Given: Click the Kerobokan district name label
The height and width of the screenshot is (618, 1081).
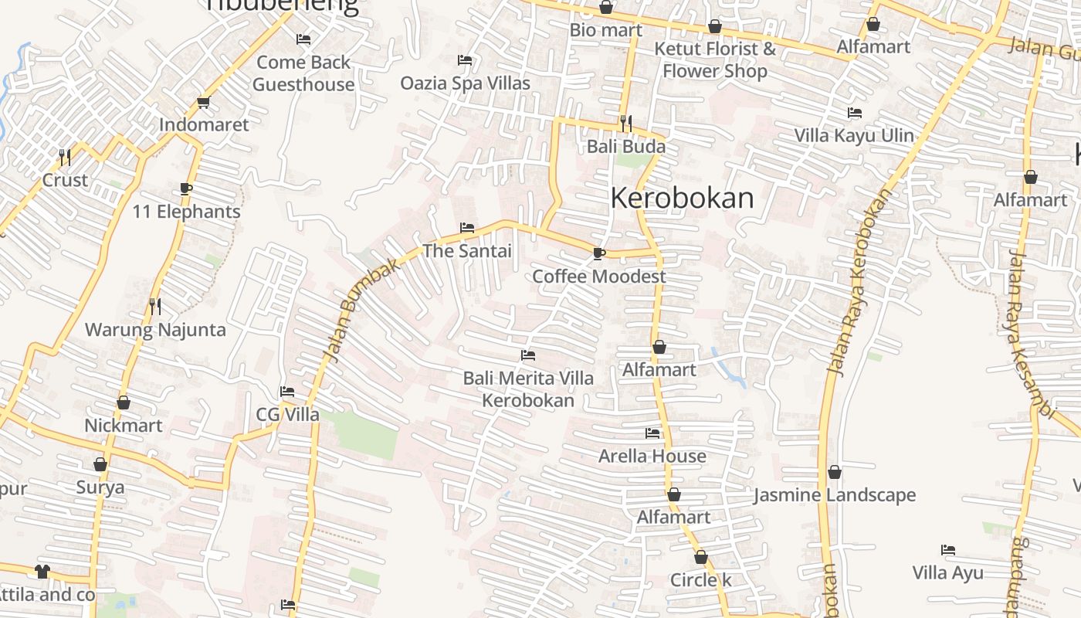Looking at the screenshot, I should point(682,198).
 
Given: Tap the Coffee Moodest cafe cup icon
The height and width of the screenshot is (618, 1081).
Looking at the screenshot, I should point(598,253).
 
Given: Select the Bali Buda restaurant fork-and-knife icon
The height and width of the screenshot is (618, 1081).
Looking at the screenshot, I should point(626,123).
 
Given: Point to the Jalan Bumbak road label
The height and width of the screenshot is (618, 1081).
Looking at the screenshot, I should point(361,309).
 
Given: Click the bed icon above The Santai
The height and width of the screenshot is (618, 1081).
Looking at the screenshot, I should point(466,227).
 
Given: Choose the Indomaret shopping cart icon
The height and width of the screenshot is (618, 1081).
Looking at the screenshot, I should point(204,102).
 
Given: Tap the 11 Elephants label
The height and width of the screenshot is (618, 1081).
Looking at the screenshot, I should point(186,211).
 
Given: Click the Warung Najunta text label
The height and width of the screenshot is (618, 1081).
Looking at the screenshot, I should point(155,330).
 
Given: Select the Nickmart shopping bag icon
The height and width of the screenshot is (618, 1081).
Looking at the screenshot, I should point(124,402).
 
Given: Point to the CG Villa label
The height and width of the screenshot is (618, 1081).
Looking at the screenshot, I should point(287,415).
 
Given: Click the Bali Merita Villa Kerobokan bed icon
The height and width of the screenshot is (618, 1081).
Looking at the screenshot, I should point(528,355).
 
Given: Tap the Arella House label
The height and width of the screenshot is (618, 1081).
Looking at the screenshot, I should point(652,456).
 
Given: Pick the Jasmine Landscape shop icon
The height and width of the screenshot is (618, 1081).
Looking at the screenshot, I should point(835,472).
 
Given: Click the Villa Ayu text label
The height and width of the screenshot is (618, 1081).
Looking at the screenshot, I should point(947,572).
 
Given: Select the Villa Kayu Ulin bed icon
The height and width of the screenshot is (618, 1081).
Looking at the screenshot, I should point(854,113).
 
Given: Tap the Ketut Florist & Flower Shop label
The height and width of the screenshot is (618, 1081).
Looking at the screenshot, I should point(715,59).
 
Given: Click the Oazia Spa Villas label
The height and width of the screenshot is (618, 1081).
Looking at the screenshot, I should point(465,83).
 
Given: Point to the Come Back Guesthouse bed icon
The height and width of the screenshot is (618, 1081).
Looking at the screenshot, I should point(303,39).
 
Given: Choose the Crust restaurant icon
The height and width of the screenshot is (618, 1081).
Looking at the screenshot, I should point(65,158).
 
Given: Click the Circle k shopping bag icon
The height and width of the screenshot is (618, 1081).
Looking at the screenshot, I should point(700,557).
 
